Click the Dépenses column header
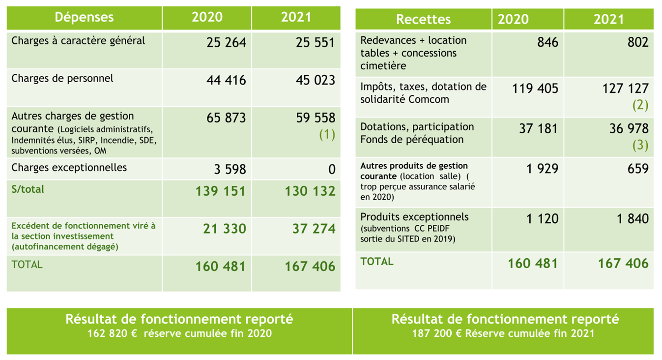(x=84, y=18)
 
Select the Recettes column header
(x=423, y=19)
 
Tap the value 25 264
(x=226, y=43)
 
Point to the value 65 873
(x=226, y=118)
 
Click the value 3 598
(x=230, y=170)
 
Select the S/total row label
(x=28, y=189)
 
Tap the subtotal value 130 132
(x=310, y=191)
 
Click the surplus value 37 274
(x=310, y=229)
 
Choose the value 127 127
(x=625, y=89)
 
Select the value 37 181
(x=538, y=129)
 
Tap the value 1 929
(x=542, y=169)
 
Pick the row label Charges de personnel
(x=62, y=78)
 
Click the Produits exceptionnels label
(x=414, y=217)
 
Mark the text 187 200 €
(x=436, y=333)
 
